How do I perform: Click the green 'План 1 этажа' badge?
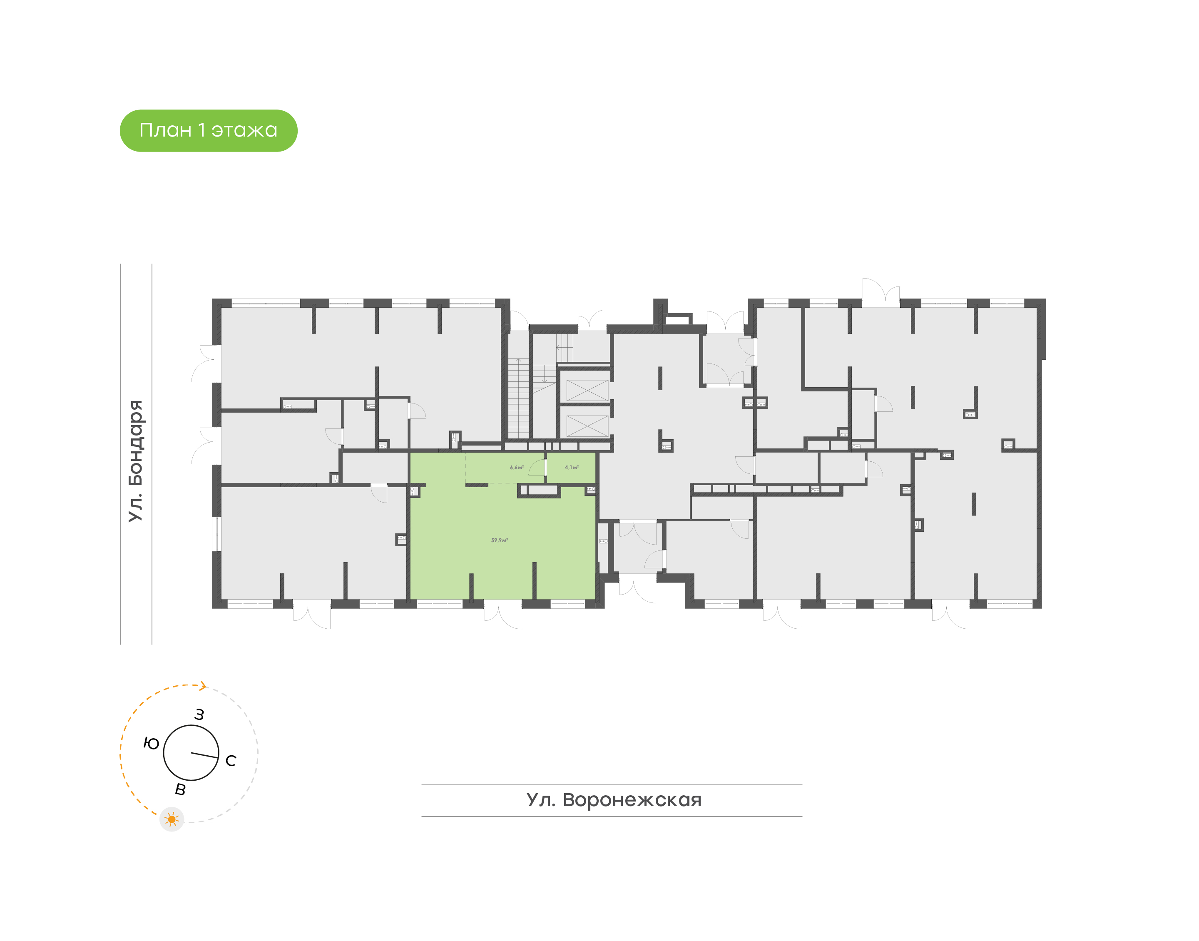pyautogui.click(x=208, y=131)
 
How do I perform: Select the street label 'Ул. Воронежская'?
pyautogui.click(x=614, y=799)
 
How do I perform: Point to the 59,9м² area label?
pyautogui.click(x=500, y=540)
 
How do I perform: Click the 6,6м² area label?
pyautogui.click(x=517, y=468)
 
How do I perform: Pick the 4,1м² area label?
pyautogui.click(x=572, y=468)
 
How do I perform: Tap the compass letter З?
pyautogui.click(x=199, y=714)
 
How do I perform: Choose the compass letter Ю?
pyautogui.click(x=151, y=744)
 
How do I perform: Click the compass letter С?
pyautogui.click(x=231, y=761)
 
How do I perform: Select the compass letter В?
pyautogui.click(x=180, y=790)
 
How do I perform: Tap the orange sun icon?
pyautogui.click(x=172, y=819)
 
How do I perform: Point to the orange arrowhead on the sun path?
pyautogui.click(x=203, y=686)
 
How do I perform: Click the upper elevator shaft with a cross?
pyautogui.click(x=587, y=391)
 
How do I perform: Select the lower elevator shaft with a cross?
pyautogui.click(x=587, y=426)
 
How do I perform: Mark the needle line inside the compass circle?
pyautogui.click(x=204, y=755)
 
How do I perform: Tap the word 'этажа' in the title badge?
pyautogui.click(x=244, y=131)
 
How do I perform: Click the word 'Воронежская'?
pyautogui.click(x=632, y=799)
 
